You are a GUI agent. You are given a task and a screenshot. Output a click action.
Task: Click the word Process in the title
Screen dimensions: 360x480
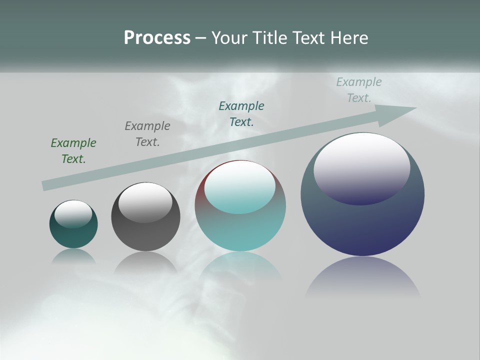pos(157,38)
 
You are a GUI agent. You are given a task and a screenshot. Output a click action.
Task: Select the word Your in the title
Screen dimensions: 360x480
pos(230,38)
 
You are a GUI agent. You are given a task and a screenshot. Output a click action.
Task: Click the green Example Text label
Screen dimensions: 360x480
pos(73,151)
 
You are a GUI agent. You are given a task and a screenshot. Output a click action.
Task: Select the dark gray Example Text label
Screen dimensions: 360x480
pos(147,134)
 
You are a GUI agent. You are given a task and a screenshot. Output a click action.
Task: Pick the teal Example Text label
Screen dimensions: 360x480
pos(241,114)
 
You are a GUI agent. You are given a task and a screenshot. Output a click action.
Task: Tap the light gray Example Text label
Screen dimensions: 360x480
pos(359,90)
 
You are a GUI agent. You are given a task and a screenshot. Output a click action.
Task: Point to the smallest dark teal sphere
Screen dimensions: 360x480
pos(73,235)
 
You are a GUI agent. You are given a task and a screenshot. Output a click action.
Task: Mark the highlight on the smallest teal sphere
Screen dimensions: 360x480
pos(73,213)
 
